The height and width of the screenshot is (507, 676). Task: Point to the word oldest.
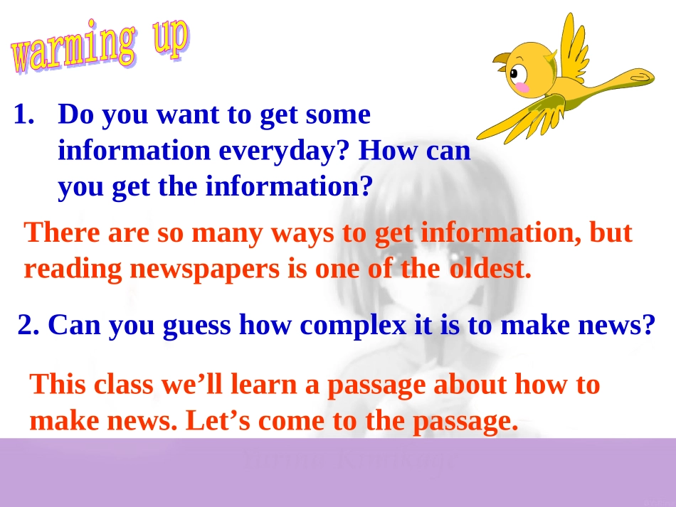coord(490,269)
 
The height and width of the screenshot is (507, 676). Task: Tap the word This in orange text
coord(56,384)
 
